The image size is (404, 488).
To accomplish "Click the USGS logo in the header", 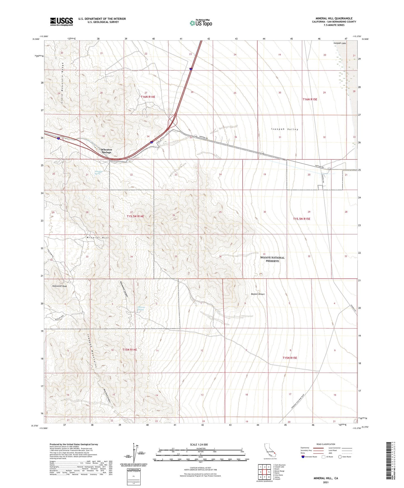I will click(x=62, y=22).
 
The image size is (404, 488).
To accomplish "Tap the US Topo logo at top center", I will click(x=201, y=23).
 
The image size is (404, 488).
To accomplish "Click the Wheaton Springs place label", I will click(x=106, y=151).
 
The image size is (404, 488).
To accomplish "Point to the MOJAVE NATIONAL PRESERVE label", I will click(x=272, y=259).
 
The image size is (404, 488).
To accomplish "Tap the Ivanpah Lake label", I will click(x=339, y=43).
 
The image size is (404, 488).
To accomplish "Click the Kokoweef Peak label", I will click(x=60, y=286).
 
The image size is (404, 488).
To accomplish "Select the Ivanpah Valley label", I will click(x=285, y=129).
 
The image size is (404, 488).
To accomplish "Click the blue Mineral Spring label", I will click(x=141, y=308).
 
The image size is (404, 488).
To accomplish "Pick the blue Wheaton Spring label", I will click(x=98, y=172).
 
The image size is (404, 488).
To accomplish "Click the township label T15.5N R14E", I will click(x=135, y=216).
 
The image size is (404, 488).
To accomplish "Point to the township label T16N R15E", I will click(x=310, y=99).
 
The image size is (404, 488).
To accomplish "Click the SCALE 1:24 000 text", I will click(x=199, y=444).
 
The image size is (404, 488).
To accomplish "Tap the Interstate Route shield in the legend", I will click(x=303, y=457).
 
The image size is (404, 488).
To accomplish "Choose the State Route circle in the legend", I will click(x=340, y=457).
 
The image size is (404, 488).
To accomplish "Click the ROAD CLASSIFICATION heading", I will click(x=326, y=444).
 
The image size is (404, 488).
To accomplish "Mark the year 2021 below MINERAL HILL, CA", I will click(x=325, y=482).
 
